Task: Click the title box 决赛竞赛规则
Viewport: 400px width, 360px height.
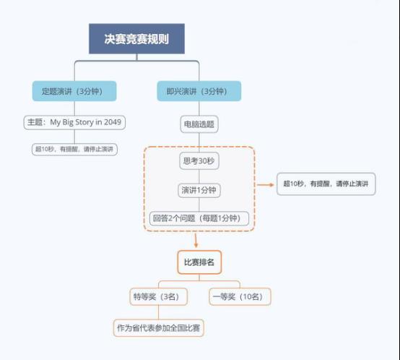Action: [136, 39]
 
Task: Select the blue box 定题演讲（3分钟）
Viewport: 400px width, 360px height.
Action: [74, 91]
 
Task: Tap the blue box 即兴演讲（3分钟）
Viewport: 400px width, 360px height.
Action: [199, 91]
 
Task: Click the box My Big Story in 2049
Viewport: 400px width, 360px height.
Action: [74, 123]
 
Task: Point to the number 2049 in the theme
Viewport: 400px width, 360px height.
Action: [113, 122]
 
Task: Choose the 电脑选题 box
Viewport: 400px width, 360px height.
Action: [199, 124]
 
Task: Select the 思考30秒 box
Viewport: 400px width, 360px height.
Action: [199, 161]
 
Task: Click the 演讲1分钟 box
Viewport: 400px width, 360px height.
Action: [199, 190]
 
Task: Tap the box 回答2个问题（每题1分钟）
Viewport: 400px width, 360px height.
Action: [199, 218]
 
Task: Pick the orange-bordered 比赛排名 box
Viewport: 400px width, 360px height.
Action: [199, 262]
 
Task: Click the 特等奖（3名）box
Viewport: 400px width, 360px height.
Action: [158, 296]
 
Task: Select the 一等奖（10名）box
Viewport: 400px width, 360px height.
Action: [240, 296]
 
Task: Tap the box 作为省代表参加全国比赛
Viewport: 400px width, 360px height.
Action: [158, 327]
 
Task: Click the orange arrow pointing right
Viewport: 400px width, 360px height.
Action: [265, 184]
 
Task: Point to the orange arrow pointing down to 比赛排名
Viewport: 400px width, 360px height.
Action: [196, 240]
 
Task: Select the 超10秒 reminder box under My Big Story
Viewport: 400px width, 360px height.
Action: [74, 150]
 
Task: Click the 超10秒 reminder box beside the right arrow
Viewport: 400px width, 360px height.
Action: [326, 184]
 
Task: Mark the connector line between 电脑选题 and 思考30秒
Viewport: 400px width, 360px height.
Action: [199, 142]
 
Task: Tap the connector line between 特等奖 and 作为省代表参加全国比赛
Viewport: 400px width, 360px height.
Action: [158, 312]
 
